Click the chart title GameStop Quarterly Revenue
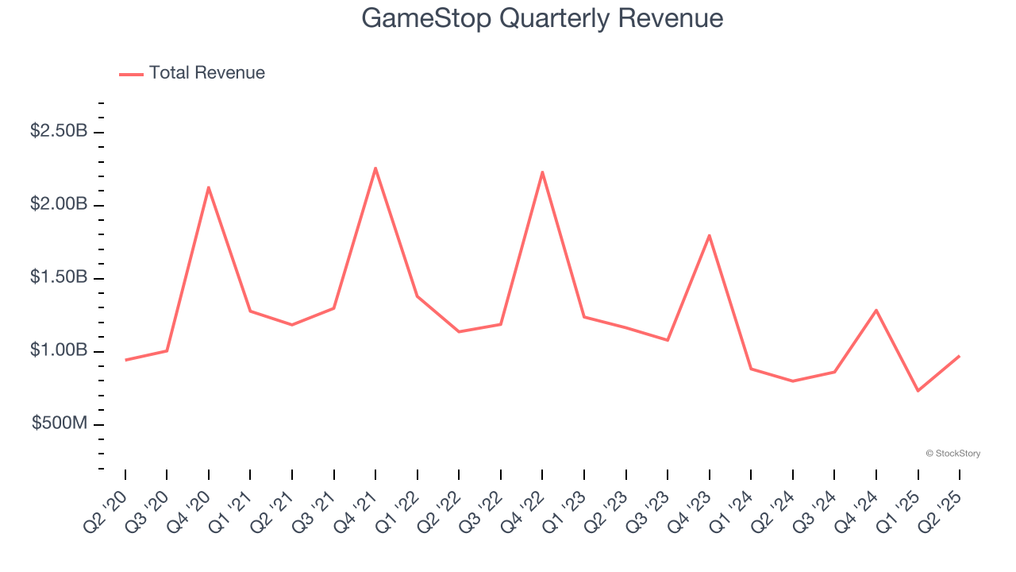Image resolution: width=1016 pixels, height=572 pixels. point(542,18)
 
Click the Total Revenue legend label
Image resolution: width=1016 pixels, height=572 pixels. point(206,73)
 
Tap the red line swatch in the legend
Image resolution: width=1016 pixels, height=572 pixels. point(131,74)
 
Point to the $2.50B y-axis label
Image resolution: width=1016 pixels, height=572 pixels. point(59,131)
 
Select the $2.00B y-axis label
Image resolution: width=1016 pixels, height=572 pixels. point(59,204)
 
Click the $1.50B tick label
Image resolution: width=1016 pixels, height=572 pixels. point(59,277)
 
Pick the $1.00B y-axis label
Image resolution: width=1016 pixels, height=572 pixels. point(59,350)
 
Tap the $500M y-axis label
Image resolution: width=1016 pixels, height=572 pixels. point(60,423)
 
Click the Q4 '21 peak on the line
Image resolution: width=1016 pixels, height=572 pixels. point(375,168)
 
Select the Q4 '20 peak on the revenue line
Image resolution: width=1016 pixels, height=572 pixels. point(209,187)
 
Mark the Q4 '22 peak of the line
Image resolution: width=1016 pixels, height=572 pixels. point(542,172)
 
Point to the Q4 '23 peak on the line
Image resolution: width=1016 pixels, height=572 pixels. point(709,235)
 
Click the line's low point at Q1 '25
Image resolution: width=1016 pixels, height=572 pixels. point(918,391)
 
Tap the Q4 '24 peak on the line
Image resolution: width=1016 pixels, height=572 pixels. point(876,310)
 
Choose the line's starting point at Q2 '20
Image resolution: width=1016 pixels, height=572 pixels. point(125,360)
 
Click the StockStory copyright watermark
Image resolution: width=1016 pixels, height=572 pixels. point(952,454)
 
